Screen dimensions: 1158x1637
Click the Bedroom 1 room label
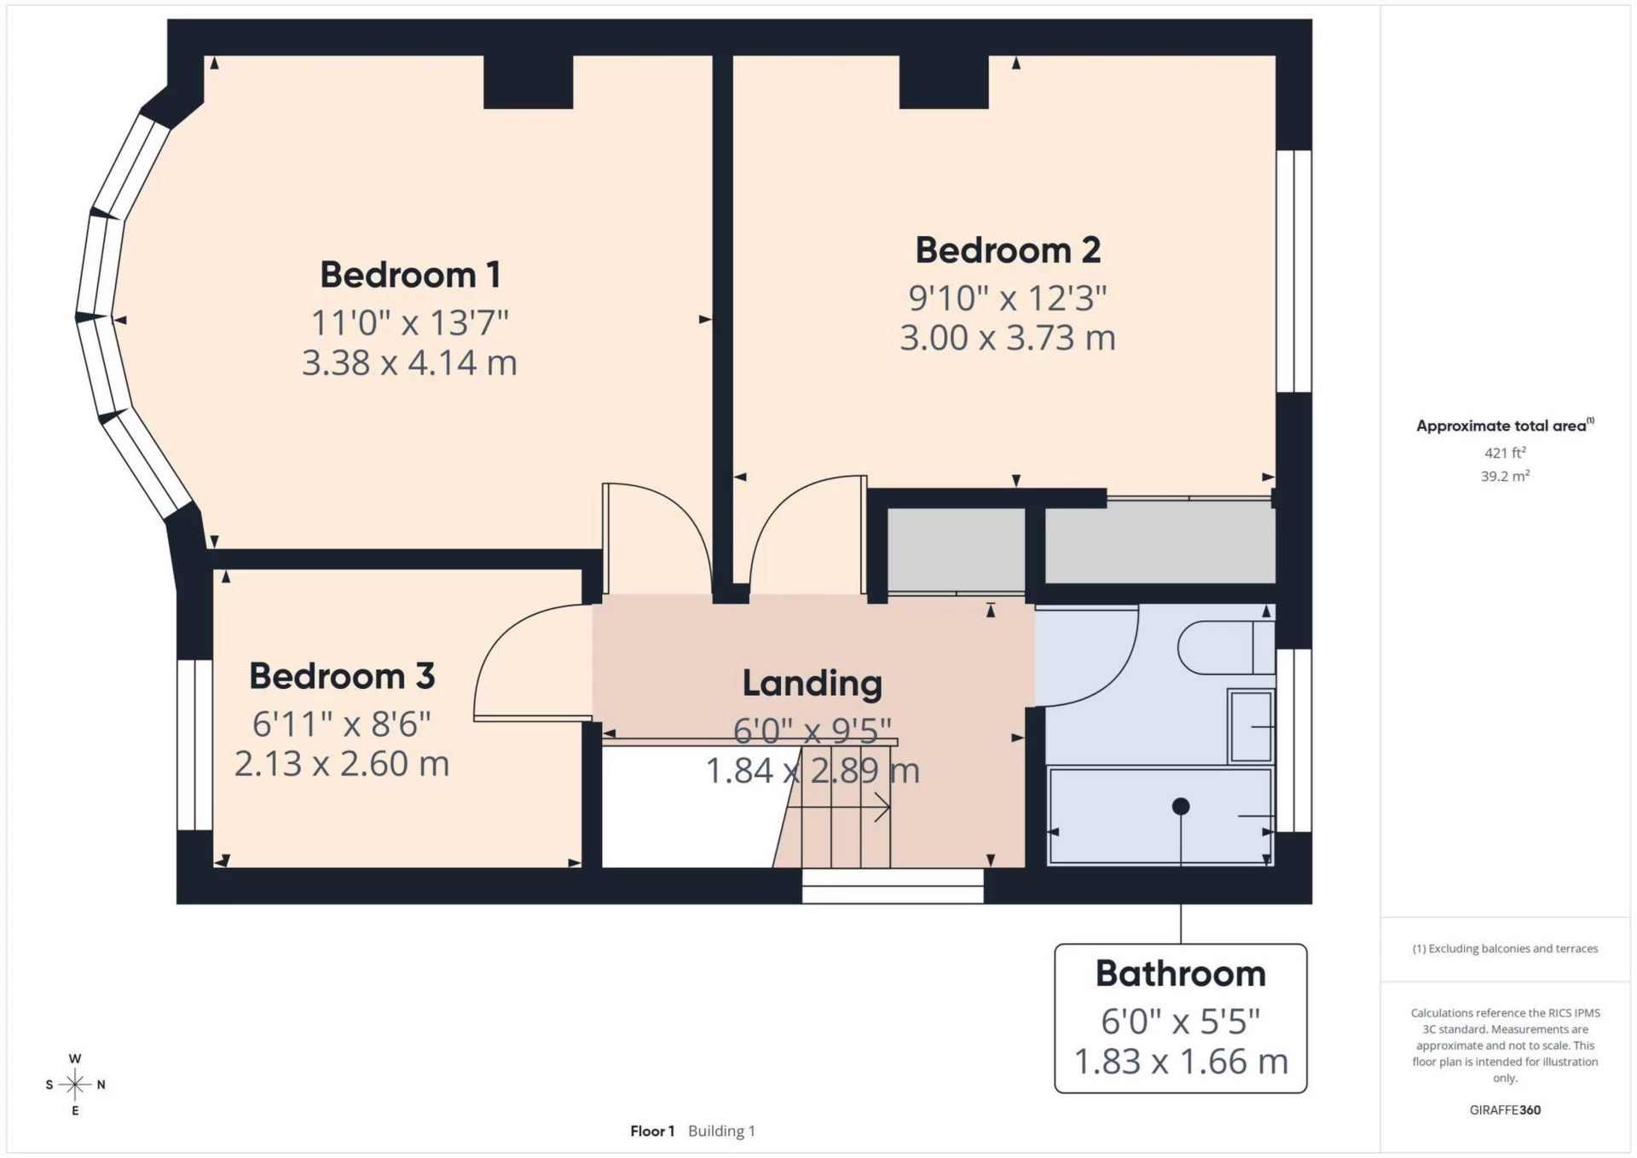pos(410,275)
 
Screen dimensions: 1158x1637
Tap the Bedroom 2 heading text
pos(1008,251)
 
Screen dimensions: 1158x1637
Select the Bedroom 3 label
pos(342,676)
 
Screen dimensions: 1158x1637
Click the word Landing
pos(812,683)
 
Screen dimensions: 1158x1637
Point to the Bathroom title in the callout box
pos(1180,974)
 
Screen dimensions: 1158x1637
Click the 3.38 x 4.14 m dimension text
pos(410,363)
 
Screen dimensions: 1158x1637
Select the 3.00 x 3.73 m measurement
pos(1008,339)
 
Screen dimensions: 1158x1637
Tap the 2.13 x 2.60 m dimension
pos(342,764)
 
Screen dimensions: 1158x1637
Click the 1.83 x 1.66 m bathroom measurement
pos(1180,1062)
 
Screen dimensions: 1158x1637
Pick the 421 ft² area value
pos(1505,453)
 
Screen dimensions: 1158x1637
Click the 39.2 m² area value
pos(1505,476)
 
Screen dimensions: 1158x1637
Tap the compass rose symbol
pos(75,1085)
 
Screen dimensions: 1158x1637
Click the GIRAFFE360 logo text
pos(1505,1109)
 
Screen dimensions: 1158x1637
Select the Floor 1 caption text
pos(652,1131)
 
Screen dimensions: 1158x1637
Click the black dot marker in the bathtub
pos(1181,806)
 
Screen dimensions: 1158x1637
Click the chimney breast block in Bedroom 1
pos(528,82)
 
